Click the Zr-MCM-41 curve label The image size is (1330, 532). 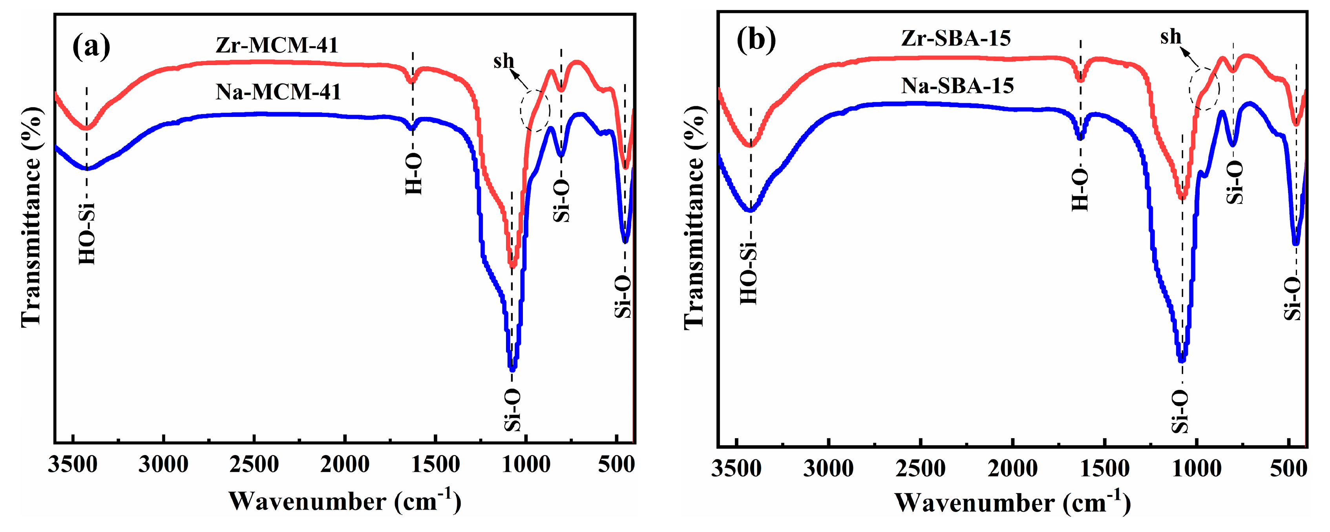coord(277,46)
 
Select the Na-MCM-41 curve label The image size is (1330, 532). coord(278,92)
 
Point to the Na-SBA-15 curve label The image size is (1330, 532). coord(957,86)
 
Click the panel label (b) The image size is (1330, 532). coord(756,39)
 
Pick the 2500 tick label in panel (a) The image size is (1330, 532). coord(254,465)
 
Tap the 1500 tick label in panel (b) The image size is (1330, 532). coord(1104,468)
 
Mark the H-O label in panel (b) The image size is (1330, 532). coord(1080,189)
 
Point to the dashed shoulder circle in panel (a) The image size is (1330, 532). coord(535,110)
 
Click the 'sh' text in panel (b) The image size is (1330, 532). coord(1171,37)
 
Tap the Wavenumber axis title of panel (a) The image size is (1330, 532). coord(344,501)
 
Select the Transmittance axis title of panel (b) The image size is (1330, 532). coord(694,217)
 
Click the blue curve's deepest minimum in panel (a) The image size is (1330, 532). coord(512,368)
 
